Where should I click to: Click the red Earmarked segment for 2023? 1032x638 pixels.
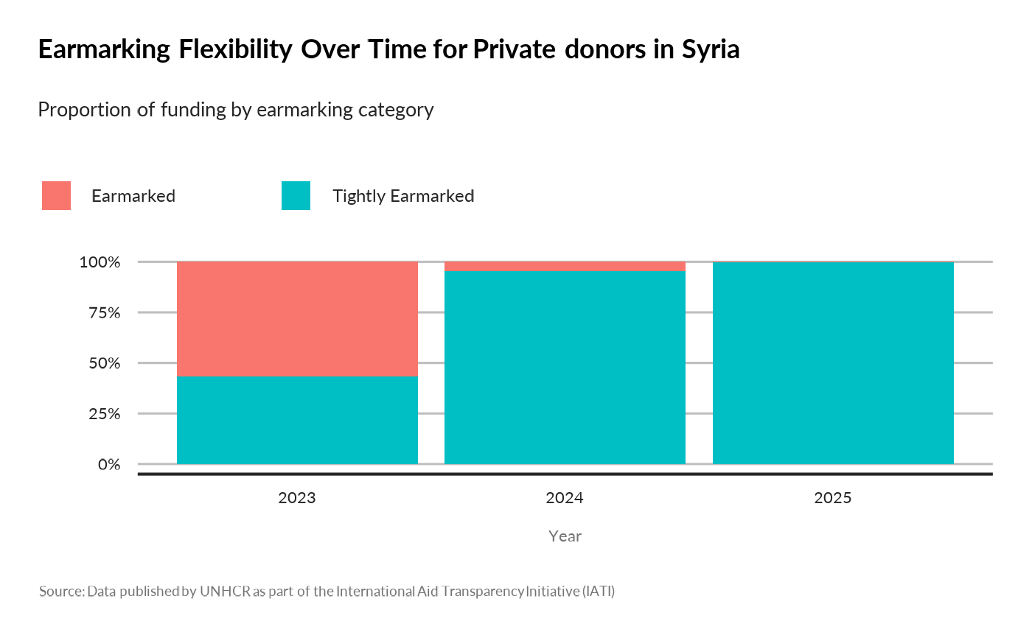[297, 319]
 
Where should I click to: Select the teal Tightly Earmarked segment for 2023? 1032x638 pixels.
[297, 421]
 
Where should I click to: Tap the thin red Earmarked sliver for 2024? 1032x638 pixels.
[565, 266]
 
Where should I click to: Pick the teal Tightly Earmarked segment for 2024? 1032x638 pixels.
[565, 368]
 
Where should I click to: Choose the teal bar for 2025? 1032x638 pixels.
[833, 363]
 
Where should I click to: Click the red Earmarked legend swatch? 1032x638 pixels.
[57, 196]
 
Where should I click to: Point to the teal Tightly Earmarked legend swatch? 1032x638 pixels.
[296, 196]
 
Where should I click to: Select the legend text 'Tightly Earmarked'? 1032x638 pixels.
[402, 196]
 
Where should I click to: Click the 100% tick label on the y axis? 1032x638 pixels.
[99, 262]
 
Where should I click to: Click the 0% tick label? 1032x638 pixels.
[108, 465]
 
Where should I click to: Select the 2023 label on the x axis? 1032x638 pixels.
[297, 498]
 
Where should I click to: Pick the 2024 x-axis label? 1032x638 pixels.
[565, 498]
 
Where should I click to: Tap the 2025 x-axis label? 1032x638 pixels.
[833, 498]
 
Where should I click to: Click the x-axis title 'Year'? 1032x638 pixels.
[565, 536]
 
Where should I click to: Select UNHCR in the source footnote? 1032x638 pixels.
[225, 592]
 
